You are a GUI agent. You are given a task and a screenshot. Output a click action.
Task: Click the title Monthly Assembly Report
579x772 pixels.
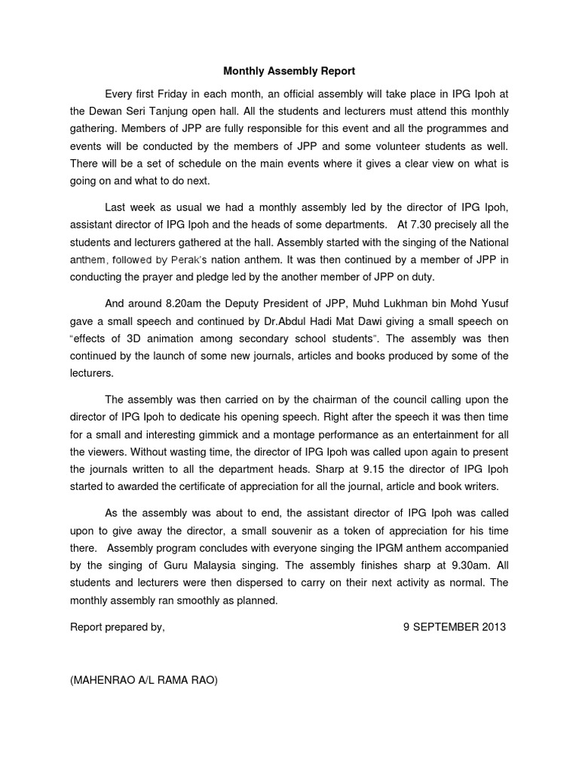point(289,72)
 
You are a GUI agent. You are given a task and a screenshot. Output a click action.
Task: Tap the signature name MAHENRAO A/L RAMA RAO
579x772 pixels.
point(143,680)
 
